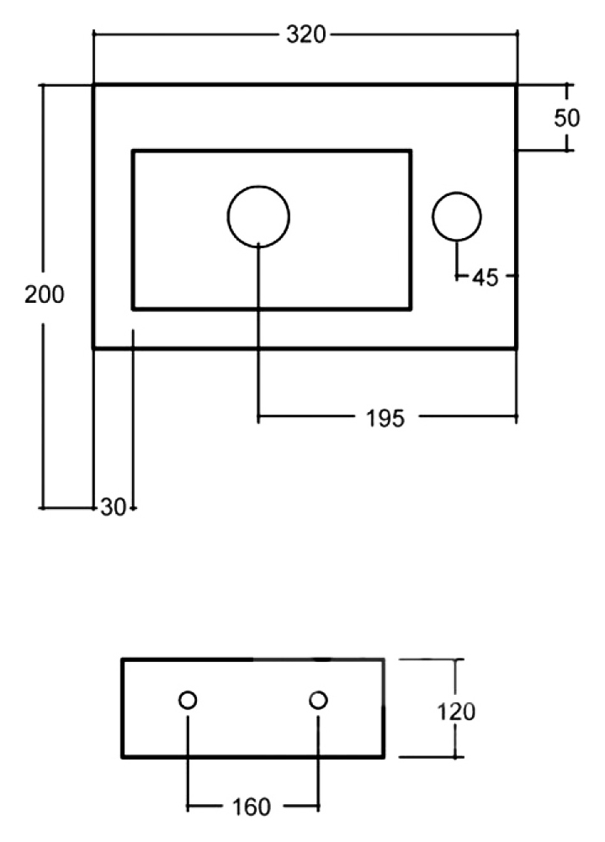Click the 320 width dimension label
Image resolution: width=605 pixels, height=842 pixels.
[x=305, y=34]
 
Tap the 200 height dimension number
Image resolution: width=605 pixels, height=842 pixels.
[x=44, y=294]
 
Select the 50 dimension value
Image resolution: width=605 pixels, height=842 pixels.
[x=567, y=118]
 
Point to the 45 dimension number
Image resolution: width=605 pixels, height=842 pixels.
[x=486, y=278]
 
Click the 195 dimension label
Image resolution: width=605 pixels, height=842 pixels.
[x=385, y=418]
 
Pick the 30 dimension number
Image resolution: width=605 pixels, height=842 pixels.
[x=113, y=507]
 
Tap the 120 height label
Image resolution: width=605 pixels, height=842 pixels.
[x=455, y=712]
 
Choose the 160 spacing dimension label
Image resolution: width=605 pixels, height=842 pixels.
[x=251, y=808]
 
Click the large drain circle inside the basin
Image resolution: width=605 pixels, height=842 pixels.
[x=258, y=187]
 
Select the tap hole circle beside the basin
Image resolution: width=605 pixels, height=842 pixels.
[x=457, y=193]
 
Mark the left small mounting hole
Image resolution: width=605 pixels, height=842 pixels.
[x=188, y=691]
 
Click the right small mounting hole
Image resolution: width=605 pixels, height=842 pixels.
[x=319, y=691]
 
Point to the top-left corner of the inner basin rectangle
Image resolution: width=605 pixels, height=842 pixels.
[x=133, y=151]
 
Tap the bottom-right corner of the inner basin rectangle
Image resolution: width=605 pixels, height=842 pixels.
[x=411, y=310]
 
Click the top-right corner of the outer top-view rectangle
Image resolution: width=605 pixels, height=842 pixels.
[x=517, y=85]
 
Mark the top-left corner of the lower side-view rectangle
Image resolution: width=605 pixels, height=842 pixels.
[x=123, y=659]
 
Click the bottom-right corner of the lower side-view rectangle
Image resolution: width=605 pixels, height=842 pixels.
[x=384, y=757]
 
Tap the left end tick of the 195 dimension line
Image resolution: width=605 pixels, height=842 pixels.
[x=258, y=416]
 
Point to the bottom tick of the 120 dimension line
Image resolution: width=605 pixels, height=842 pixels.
[x=455, y=757]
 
